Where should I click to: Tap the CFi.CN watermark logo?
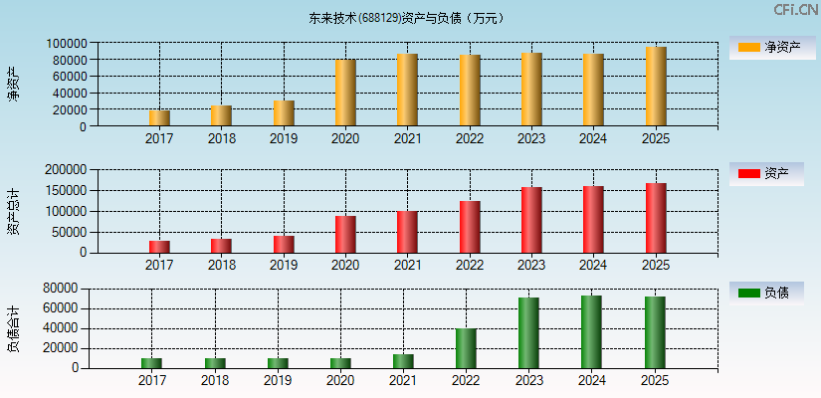pos(795,10)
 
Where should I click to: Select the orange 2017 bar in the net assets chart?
pos(159,118)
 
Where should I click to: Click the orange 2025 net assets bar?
pos(656,87)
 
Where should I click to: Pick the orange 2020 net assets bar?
pos(345,93)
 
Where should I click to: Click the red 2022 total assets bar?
pos(470,227)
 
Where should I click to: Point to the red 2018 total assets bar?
pos(221,246)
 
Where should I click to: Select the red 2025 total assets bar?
pos(656,218)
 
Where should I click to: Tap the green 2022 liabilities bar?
pos(466,348)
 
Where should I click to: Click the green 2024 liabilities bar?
pos(591,332)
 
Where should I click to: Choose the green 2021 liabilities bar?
pos(403,361)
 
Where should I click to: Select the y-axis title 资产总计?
pos(13,211)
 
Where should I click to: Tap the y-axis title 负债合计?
pos(13,329)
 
